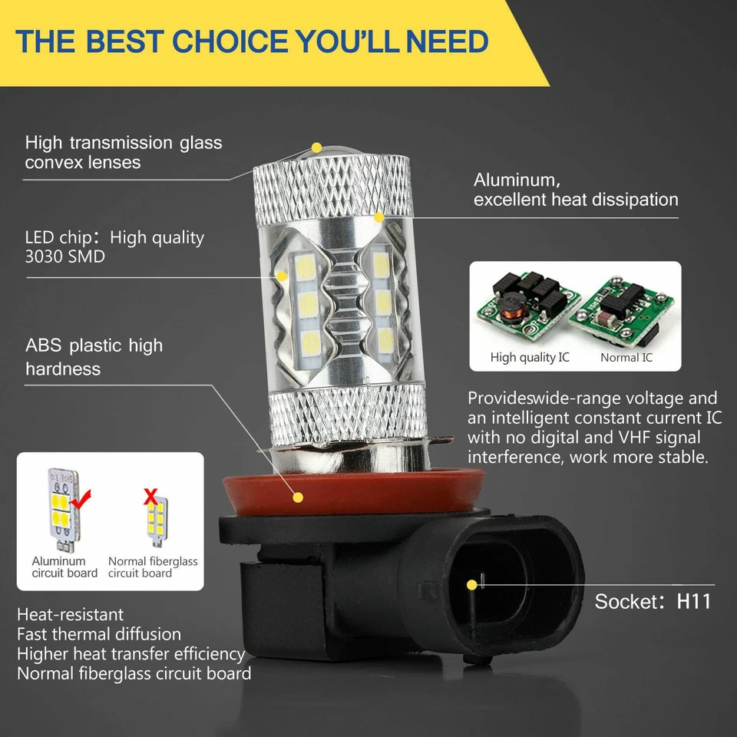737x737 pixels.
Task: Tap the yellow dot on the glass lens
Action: coord(316,147)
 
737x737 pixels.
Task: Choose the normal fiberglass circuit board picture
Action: coord(156,519)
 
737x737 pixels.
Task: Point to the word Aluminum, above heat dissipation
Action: coord(517,180)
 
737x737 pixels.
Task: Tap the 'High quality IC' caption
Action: coord(530,358)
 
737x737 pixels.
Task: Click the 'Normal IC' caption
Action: coord(626,358)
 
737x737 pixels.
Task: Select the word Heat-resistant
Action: coord(70,615)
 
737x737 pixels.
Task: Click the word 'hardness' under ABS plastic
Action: coord(63,369)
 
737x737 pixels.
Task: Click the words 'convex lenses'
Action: coord(83,163)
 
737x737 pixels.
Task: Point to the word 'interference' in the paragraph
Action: coord(518,458)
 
